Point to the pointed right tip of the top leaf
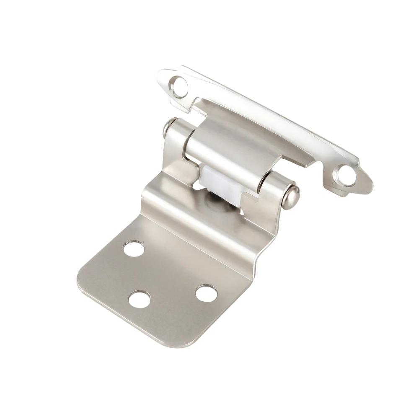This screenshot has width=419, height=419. coord(370,179)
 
